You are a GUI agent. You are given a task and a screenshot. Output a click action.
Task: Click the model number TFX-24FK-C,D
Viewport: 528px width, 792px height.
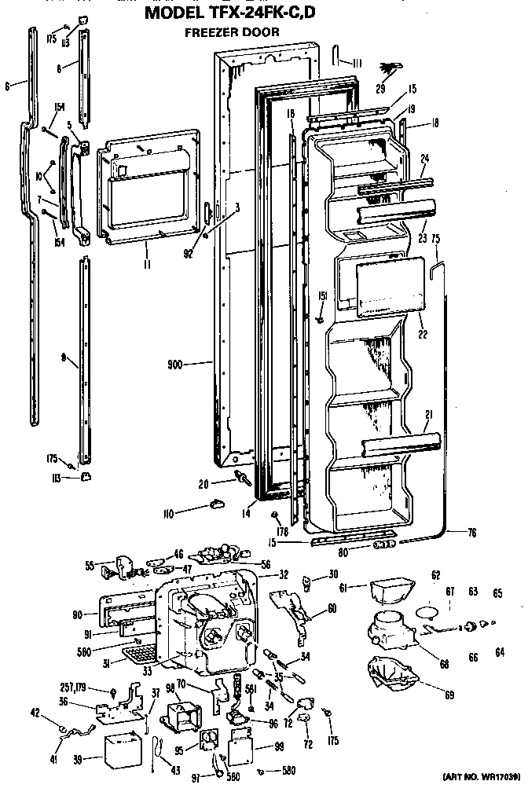coord(264,13)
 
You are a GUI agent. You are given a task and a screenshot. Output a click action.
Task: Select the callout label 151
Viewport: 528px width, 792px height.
coord(322,295)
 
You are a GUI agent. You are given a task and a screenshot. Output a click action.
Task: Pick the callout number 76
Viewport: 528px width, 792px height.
coord(471,533)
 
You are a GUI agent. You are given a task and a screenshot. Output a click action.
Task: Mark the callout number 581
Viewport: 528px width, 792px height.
coord(251,689)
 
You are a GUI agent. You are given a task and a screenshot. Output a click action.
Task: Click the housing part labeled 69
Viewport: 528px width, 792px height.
coord(392,676)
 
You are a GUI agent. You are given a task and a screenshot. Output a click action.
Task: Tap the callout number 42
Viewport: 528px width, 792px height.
coord(35,713)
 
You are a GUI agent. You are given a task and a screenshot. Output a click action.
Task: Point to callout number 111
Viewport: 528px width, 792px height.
coord(356,63)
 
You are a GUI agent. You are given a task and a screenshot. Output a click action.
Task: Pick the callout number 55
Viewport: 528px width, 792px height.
coord(90,564)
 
